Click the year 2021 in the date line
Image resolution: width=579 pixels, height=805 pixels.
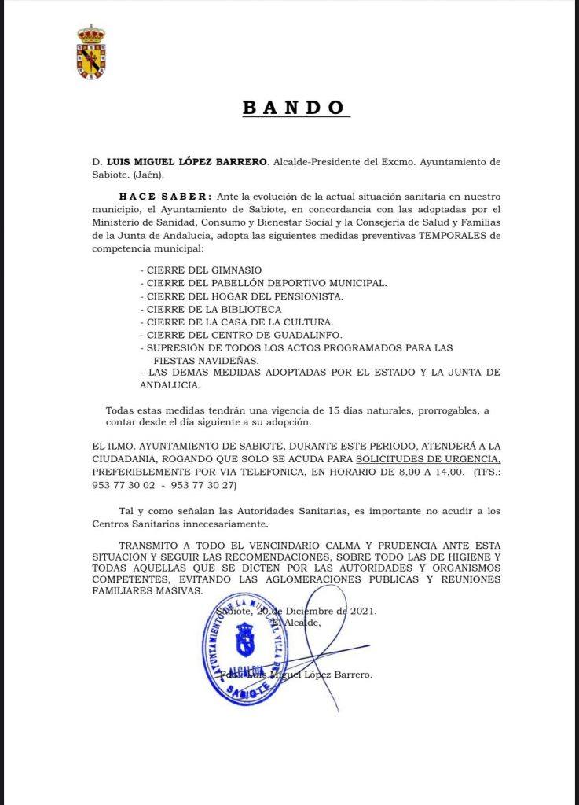361,611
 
